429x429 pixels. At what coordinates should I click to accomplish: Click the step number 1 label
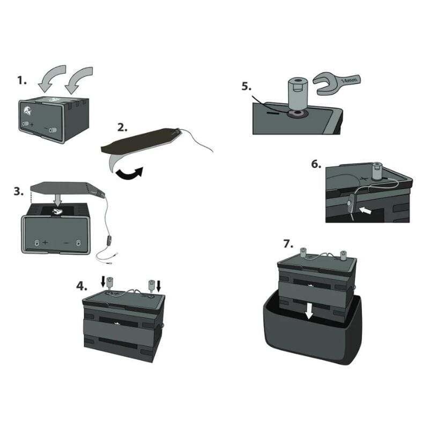point(22,80)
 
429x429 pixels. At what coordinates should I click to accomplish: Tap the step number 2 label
point(123,128)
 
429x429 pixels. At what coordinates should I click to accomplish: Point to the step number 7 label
point(288,244)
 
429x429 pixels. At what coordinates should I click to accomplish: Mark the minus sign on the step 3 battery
point(66,242)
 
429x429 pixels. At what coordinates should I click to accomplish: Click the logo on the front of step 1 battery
point(28,113)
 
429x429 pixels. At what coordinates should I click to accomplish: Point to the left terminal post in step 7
point(302,253)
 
